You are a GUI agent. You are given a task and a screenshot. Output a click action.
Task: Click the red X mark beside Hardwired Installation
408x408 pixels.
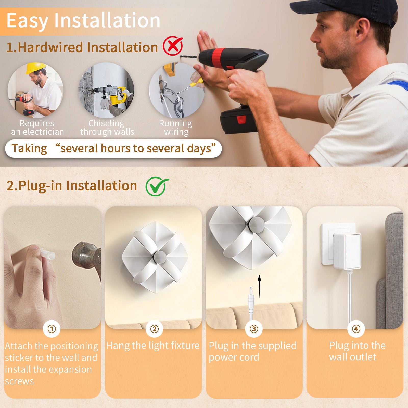pyautogui.click(x=173, y=46)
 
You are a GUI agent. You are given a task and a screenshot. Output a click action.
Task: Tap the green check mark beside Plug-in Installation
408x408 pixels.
pyautogui.click(x=157, y=186)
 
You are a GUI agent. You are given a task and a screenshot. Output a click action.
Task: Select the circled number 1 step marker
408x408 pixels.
pyautogui.click(x=52, y=329)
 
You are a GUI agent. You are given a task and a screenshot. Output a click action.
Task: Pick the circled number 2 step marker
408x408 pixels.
pyautogui.click(x=154, y=329)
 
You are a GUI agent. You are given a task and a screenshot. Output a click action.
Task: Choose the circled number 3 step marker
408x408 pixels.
pyautogui.click(x=254, y=329)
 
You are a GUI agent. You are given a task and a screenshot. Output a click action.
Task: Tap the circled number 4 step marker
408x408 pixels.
pyautogui.click(x=356, y=329)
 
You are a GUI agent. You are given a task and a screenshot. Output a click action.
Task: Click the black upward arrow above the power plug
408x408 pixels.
pyautogui.click(x=259, y=286)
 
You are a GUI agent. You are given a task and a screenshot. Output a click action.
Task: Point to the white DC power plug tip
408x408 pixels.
pyautogui.click(x=251, y=291)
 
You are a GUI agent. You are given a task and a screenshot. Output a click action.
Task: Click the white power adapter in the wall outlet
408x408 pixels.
pyautogui.click(x=347, y=251)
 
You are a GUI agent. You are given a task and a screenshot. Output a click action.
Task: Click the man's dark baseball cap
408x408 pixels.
pyautogui.click(x=344, y=11)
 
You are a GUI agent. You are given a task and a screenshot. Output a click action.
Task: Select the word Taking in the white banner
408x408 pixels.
pyautogui.click(x=29, y=148)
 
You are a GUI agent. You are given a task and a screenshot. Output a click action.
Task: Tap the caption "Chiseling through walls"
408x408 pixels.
pyautogui.click(x=107, y=127)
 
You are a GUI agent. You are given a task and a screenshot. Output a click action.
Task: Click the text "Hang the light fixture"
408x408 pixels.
pyautogui.click(x=153, y=346)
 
